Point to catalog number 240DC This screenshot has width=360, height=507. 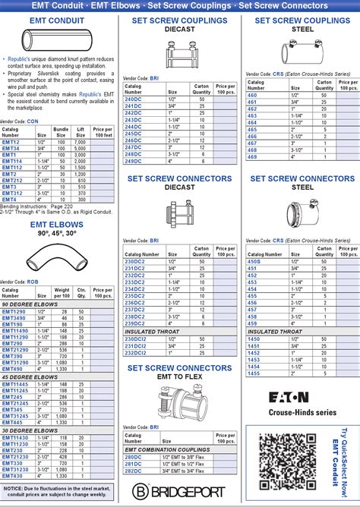tap(133, 99)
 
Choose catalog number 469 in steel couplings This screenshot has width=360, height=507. tap(252, 157)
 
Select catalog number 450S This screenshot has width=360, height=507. tap(254, 261)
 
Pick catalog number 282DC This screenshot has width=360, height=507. tap(134, 471)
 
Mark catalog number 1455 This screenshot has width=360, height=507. tap(254, 373)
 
